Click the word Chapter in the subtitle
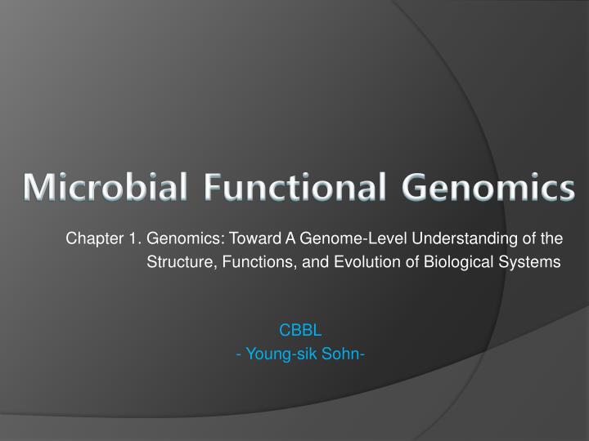[x=89, y=239]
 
